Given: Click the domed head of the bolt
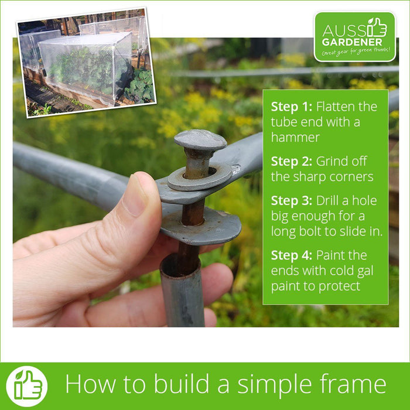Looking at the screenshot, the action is click(x=200, y=140).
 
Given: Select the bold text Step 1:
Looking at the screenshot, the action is click(x=292, y=107).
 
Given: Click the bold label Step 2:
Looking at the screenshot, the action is click(x=292, y=161).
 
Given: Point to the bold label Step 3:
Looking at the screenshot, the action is click(x=292, y=200).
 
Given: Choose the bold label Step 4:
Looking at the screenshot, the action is click(x=292, y=255).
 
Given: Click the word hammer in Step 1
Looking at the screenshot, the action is click(x=295, y=138).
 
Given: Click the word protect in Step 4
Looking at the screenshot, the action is click(x=339, y=286).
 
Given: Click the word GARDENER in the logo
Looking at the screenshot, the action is click(x=352, y=42).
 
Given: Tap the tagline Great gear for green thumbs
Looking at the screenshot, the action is click(x=356, y=52).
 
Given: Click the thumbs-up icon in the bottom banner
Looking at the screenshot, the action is click(x=27, y=387).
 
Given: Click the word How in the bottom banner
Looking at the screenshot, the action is click(x=90, y=384).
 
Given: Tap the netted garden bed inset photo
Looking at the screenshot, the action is click(x=86, y=62).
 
